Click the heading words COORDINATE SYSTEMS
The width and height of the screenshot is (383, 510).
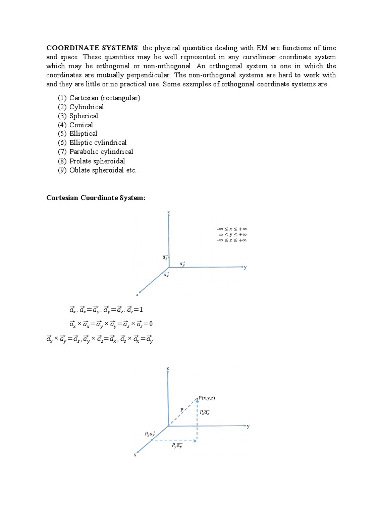click(92, 48)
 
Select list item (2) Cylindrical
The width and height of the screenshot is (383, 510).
click(81, 107)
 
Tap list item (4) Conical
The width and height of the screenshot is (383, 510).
click(75, 125)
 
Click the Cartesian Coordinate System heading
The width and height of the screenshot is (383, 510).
click(96, 198)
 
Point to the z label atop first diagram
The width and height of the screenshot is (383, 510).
click(168, 212)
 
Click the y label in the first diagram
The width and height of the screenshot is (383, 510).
click(245, 267)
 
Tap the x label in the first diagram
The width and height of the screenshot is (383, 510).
click(137, 294)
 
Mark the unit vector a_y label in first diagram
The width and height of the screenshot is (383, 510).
click(182, 264)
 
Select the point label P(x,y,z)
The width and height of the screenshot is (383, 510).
click(207, 398)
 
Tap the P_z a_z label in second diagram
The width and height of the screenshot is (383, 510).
click(205, 412)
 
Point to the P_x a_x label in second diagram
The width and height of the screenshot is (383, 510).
click(150, 434)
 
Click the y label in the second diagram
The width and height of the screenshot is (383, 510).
click(248, 426)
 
